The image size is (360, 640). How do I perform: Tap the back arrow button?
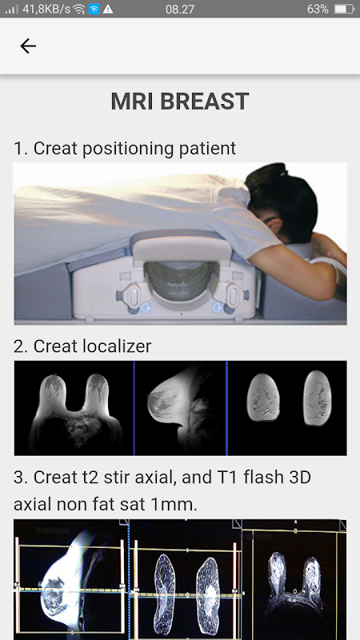point(28,46)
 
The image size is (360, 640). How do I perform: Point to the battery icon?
point(343,9)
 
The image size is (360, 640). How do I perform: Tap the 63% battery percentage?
point(318,9)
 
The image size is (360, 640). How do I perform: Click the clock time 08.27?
point(179,9)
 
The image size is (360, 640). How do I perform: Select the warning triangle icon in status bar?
point(108,9)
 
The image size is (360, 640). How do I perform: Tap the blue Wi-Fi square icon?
point(94,9)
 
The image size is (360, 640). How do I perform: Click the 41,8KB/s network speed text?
point(46,9)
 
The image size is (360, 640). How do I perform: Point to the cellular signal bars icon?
point(11,9)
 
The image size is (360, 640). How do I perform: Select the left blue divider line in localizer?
point(134,408)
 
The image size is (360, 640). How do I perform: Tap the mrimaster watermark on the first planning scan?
point(53,530)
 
